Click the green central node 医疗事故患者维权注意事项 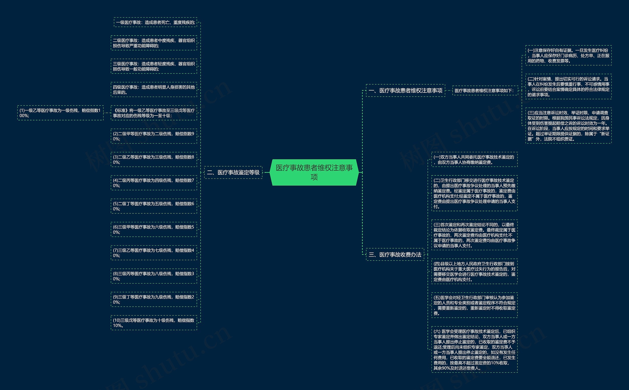314,172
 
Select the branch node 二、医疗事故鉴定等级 233,172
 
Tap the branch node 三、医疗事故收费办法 395,255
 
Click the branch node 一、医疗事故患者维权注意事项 405,91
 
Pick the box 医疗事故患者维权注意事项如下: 485,91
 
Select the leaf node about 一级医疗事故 156,22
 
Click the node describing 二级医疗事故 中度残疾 154,43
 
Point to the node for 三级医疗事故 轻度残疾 154,66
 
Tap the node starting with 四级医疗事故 154,90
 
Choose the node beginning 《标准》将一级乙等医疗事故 154,113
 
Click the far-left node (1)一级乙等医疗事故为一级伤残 60,113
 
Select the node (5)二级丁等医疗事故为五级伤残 154,206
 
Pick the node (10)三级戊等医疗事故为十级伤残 154,323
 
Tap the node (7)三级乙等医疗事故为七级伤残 154,253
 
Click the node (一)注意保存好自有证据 568,55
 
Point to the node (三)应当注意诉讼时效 568,126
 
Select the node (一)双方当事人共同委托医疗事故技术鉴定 474,159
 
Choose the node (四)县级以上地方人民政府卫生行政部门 474,271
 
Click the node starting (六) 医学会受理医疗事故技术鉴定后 474,349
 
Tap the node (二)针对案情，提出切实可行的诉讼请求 568,87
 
